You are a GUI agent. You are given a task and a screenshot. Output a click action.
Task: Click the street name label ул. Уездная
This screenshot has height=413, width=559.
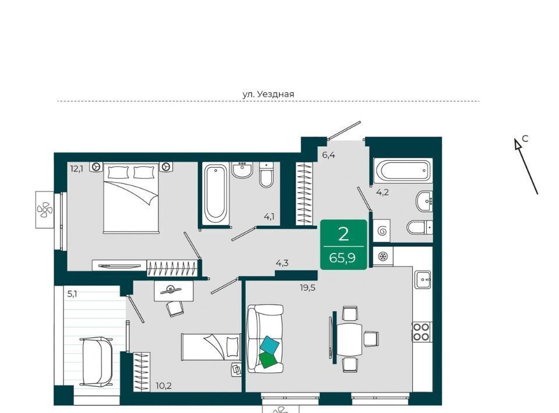pyautogui.click(x=268, y=94)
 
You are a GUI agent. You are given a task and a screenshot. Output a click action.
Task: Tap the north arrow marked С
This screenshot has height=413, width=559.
pyautogui.click(x=526, y=166)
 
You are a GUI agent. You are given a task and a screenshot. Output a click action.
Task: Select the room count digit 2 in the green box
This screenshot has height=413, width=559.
pyautogui.click(x=344, y=234)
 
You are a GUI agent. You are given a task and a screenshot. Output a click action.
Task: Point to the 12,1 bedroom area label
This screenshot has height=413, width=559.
pyautogui.click(x=77, y=169)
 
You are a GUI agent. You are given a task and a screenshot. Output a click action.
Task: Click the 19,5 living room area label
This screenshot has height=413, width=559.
pyautogui.click(x=307, y=288)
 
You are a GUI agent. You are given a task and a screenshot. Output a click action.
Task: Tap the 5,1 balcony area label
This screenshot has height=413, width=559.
pyautogui.click(x=72, y=294)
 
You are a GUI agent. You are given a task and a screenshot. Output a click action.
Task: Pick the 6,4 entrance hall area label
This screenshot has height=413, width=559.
pyautogui.click(x=328, y=155)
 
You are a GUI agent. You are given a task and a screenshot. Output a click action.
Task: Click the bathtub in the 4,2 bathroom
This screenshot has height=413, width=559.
pyautogui.click(x=402, y=170)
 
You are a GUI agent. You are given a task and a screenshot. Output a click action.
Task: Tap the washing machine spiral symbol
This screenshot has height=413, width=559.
pyautogui.click(x=382, y=231)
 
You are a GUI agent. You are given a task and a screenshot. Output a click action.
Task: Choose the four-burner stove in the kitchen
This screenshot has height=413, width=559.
pyautogui.click(x=421, y=332)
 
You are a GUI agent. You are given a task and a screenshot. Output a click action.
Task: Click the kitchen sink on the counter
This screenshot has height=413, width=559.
pyautogui.click(x=423, y=279)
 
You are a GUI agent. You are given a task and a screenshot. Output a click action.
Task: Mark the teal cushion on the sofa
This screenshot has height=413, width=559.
pyautogui.click(x=269, y=344)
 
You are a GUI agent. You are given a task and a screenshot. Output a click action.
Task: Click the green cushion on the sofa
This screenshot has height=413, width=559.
pyautogui.click(x=268, y=360)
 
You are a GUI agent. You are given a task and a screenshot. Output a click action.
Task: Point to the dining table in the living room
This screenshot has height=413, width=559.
pyautogui.click(x=349, y=337)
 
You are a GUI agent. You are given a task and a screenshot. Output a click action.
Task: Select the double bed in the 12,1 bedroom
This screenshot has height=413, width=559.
pyautogui.click(x=131, y=198)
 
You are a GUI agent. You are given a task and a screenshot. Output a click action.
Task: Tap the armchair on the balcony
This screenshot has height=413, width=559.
pyautogui.click(x=97, y=361)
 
